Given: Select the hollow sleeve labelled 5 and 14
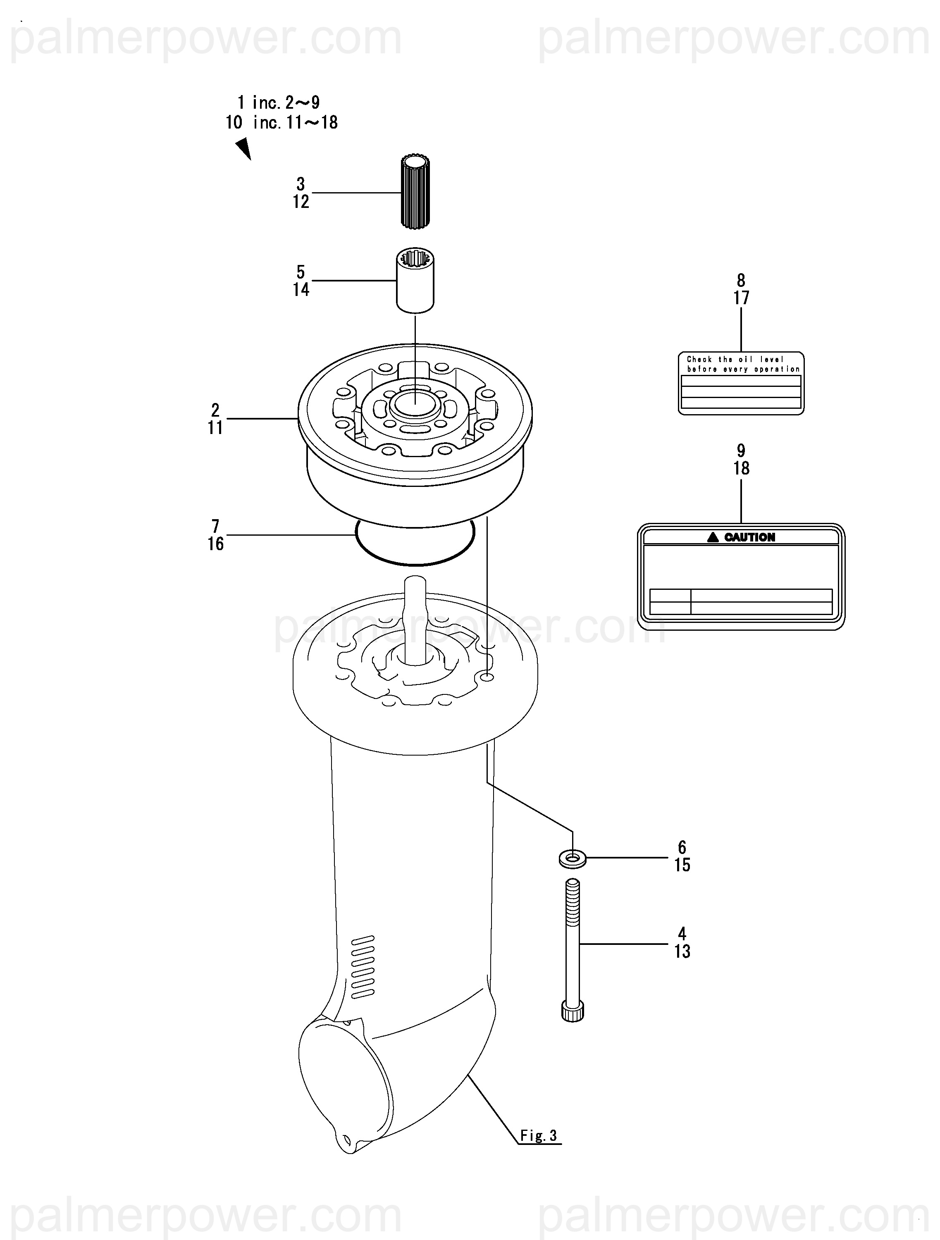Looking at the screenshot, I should coord(415,281).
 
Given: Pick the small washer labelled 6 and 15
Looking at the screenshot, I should coord(572,858).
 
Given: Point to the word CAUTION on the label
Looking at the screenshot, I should coord(749,537).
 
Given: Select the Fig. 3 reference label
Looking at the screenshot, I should coord(538,1136).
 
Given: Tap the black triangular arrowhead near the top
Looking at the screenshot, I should coord(244,149).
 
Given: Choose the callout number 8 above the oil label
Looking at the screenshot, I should coord(741,280).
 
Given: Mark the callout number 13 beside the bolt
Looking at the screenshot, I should coord(682,951).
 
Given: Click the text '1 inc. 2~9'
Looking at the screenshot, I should coord(279,103).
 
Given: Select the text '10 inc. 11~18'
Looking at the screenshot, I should coord(282,122).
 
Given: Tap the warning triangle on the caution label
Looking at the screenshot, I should coord(712,537).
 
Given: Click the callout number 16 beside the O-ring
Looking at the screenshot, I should coord(215,544).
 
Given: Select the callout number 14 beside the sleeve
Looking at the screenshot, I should coord(301,289).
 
